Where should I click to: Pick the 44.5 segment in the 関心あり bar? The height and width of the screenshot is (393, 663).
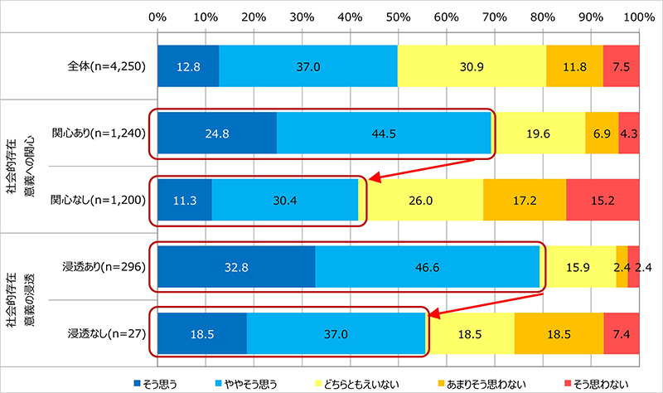pos(384,133)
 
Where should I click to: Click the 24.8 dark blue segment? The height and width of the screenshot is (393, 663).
pos(216,133)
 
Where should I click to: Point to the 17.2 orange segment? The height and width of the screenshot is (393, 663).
pos(525,201)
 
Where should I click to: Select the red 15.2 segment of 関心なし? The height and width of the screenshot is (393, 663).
pos(603,201)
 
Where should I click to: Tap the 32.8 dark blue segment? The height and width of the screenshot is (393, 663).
pos(236,268)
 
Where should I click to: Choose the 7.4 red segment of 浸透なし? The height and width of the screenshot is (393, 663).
pos(621,335)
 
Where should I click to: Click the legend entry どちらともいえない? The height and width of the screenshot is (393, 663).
pos(348,381)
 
